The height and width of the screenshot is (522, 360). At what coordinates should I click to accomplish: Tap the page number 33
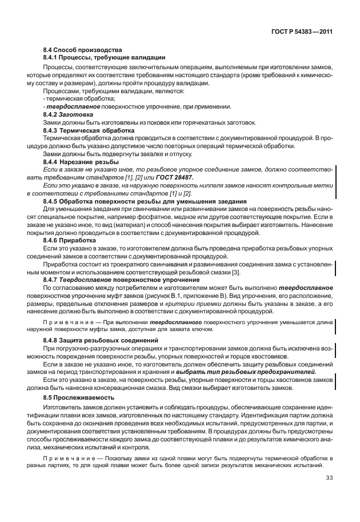click(330, 478)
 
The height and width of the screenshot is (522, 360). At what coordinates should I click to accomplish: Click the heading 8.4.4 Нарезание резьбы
click(81, 162)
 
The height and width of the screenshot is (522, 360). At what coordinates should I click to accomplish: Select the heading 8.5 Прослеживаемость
click(79, 396)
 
